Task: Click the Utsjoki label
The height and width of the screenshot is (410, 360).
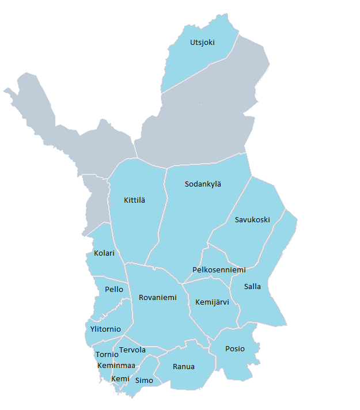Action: pyautogui.click(x=202, y=42)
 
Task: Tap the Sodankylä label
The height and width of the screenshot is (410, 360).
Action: pyautogui.click(x=203, y=184)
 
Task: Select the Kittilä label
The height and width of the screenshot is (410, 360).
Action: pyautogui.click(x=135, y=200)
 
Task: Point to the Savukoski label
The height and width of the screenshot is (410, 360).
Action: pyautogui.click(x=252, y=220)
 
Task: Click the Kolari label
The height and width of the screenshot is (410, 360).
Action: pyautogui.click(x=104, y=253)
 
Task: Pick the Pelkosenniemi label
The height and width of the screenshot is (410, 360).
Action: pyautogui.click(x=219, y=270)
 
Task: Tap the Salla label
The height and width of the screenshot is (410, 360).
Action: pyautogui.click(x=252, y=287)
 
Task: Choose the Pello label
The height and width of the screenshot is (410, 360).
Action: pyautogui.click(x=114, y=290)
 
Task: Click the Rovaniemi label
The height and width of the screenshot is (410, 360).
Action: pyautogui.click(x=158, y=298)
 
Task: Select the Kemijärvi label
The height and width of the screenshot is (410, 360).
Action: pyautogui.click(x=217, y=302)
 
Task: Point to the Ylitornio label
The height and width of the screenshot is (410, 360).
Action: pyautogui.click(x=105, y=329)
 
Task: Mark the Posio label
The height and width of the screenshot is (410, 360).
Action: pyautogui.click(x=235, y=349)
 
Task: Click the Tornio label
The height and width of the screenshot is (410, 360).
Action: pyautogui.click(x=107, y=355)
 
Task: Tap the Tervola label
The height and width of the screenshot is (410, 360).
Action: pyautogui.click(x=132, y=350)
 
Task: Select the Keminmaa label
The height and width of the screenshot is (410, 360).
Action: pyautogui.click(x=116, y=366)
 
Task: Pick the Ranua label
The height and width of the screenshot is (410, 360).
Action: pyautogui.click(x=184, y=367)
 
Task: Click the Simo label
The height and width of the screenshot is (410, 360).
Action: pyautogui.click(x=144, y=381)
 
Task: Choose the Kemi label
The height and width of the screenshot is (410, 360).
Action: pyautogui.click(x=120, y=378)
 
